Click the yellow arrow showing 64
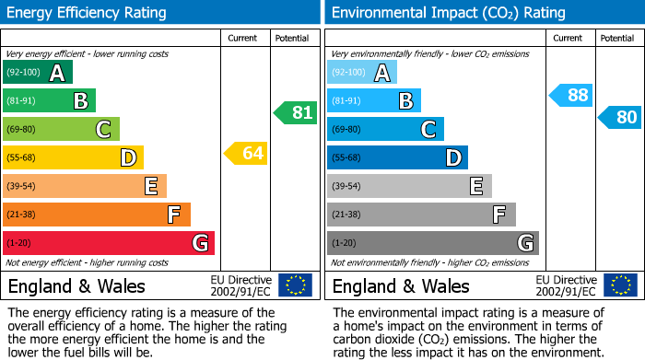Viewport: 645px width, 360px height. [x=246, y=154]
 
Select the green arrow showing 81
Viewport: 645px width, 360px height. [x=295, y=113]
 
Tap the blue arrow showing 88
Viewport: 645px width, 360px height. [x=570, y=94]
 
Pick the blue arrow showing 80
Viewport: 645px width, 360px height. [x=619, y=118]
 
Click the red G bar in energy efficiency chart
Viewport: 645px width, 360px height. [x=109, y=243]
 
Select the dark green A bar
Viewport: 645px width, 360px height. [x=38, y=73]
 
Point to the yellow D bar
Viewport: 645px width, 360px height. [x=73, y=157]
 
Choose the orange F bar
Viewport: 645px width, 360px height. [x=97, y=215]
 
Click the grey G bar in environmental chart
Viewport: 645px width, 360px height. [x=432, y=243]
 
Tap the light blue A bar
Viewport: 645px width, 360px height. [x=362, y=73]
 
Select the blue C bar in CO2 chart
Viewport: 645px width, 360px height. [x=385, y=129]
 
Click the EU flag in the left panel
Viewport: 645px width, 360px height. [x=295, y=285]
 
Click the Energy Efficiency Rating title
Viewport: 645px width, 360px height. [x=88, y=13]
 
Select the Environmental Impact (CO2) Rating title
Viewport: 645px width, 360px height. [x=447, y=13]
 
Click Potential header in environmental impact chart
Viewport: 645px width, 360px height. [x=617, y=39]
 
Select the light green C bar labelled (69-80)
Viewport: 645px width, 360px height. [x=61, y=129]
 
